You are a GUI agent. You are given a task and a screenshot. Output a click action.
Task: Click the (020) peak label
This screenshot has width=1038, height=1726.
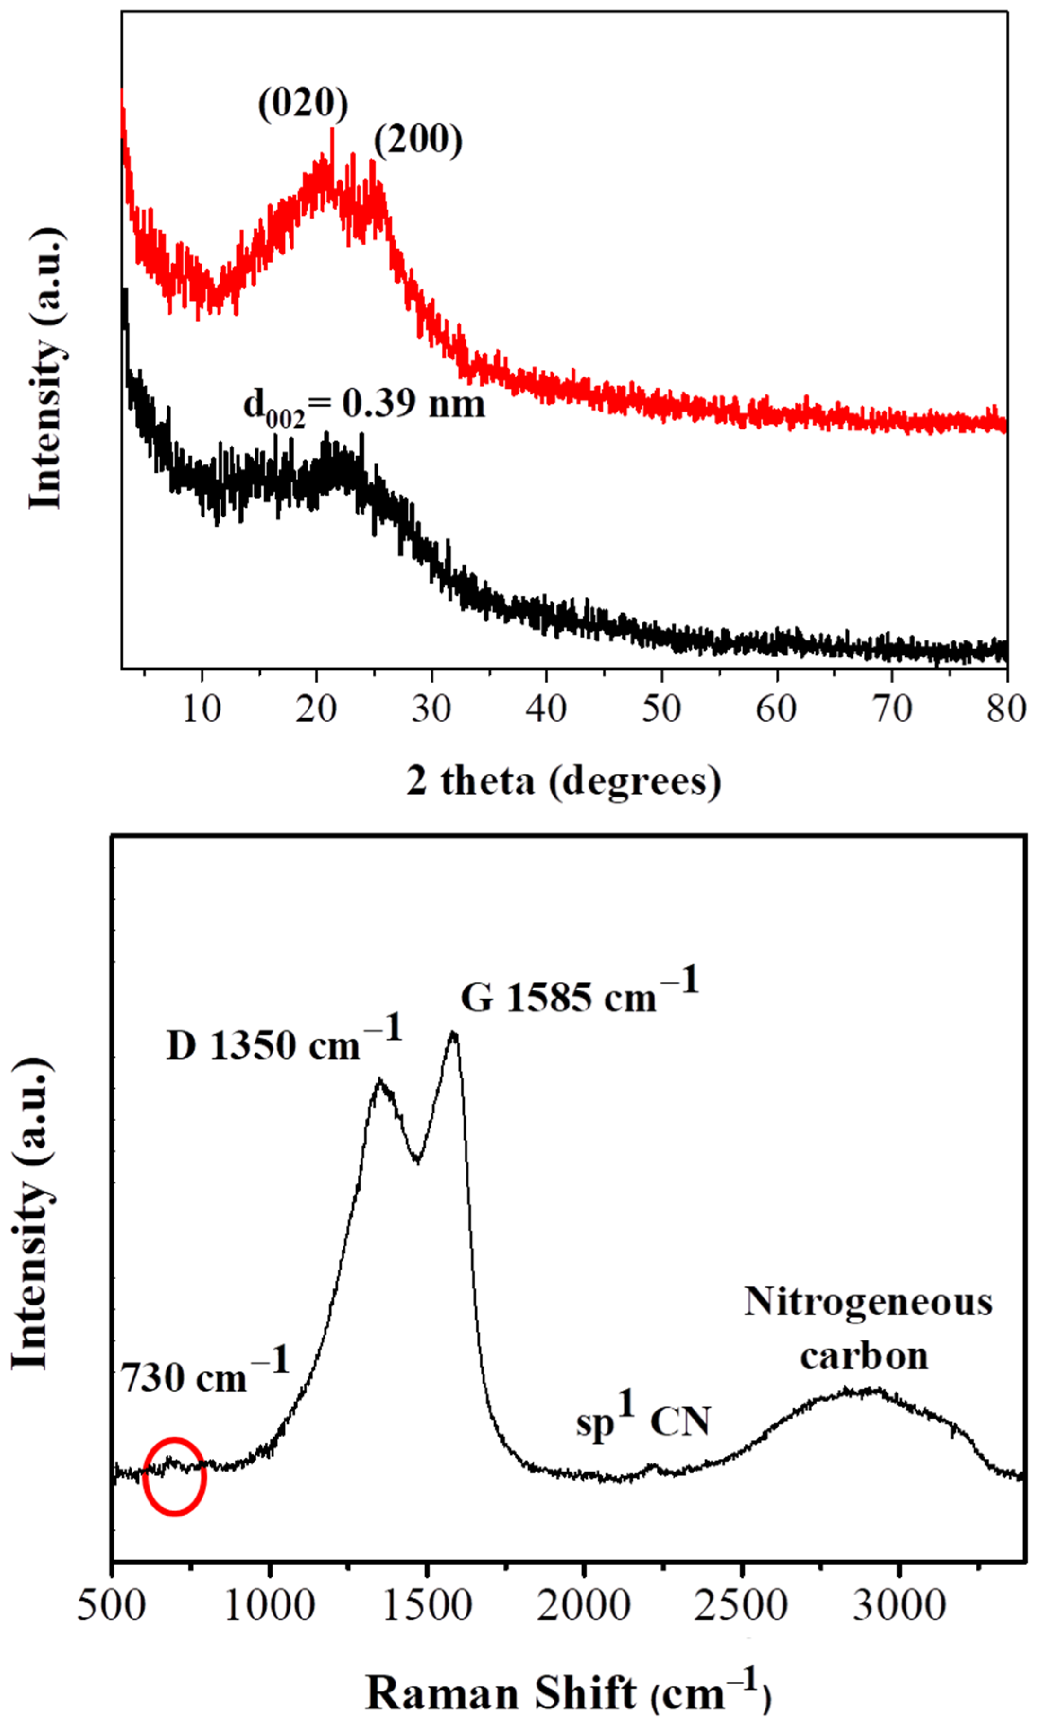pyautogui.click(x=303, y=104)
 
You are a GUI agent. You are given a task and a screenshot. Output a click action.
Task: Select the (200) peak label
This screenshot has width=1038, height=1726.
pyautogui.click(x=418, y=140)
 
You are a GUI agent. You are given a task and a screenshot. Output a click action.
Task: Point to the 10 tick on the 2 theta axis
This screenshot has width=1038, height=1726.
pyautogui.click(x=202, y=709)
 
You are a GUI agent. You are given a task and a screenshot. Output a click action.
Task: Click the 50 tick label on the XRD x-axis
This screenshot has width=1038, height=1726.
pyautogui.click(x=661, y=709)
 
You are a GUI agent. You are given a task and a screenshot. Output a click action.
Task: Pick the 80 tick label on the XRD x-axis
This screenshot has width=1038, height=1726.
pyautogui.click(x=1006, y=709)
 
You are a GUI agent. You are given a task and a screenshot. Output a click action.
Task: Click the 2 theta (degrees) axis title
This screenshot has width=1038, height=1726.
pyautogui.click(x=564, y=781)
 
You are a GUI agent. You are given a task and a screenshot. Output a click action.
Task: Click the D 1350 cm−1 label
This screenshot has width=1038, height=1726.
pyautogui.click(x=284, y=1044)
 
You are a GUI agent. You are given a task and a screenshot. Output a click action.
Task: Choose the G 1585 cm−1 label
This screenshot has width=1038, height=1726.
pyautogui.click(x=579, y=995)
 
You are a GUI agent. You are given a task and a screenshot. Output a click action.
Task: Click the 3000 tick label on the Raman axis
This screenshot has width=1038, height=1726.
pyautogui.click(x=899, y=1606)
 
